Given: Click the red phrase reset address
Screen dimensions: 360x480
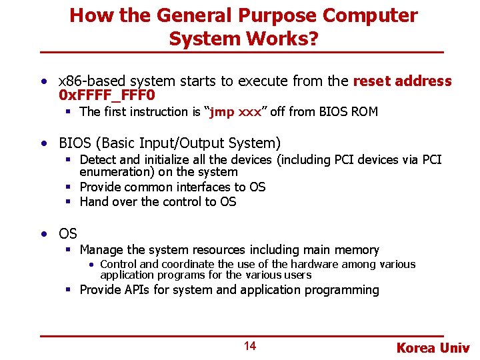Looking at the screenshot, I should point(402,81).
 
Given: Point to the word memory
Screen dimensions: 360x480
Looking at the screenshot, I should point(357,250).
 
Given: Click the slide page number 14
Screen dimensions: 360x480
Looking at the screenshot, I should point(249,346).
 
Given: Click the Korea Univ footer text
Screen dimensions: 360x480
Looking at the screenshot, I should point(433,347).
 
